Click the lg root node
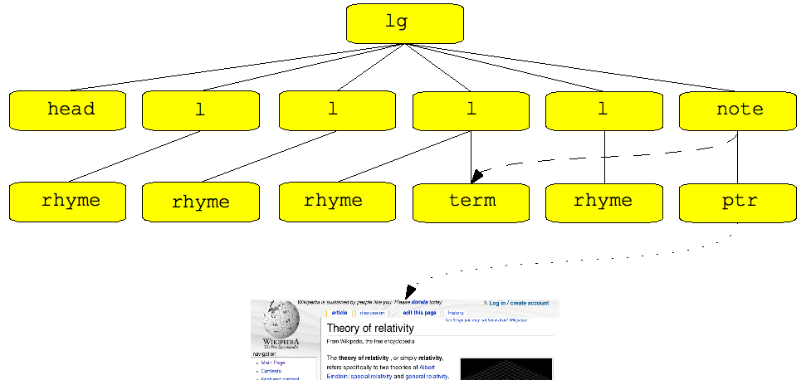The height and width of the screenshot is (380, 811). coord(404,23)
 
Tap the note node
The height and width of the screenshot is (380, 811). coord(738,110)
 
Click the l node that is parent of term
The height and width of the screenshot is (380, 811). coord(471,110)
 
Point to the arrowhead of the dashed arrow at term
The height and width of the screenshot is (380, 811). coord(476,177)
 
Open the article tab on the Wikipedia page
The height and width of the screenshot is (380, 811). coord(340,313)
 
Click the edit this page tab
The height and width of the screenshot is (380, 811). coord(419,313)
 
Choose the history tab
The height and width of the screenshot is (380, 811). coord(456,313)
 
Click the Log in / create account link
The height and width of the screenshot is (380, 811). coord(518,304)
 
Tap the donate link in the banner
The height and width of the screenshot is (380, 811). coord(419,303)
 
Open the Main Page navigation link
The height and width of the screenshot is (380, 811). coord(273,363)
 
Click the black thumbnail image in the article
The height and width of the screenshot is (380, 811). coord(506,369)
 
